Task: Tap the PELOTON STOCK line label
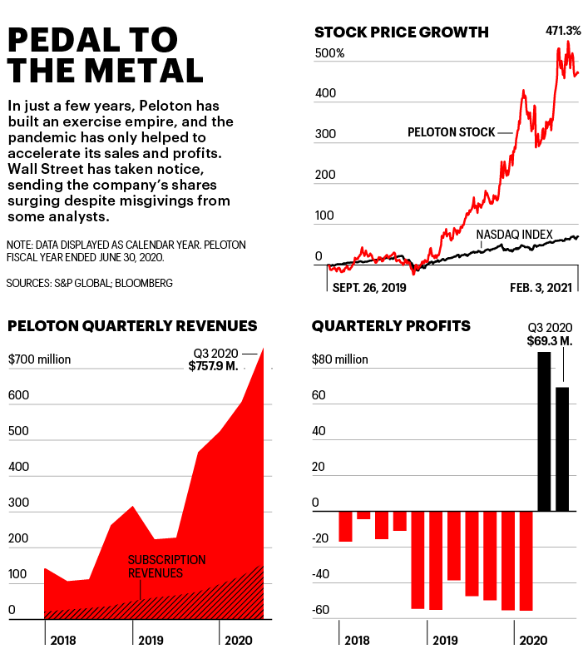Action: click(451, 131)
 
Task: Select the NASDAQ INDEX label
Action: click(514, 235)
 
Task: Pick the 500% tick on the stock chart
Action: click(329, 53)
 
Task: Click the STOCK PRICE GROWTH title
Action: click(401, 32)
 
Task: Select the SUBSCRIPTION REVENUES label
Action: click(166, 567)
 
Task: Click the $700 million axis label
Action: click(39, 359)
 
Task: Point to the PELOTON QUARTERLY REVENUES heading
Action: click(132, 326)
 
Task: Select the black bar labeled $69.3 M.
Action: click(562, 448)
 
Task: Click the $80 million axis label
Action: click(339, 359)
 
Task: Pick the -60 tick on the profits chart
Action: click(321, 610)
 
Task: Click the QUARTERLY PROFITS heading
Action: click(391, 326)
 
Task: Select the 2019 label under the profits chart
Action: click(445, 641)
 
